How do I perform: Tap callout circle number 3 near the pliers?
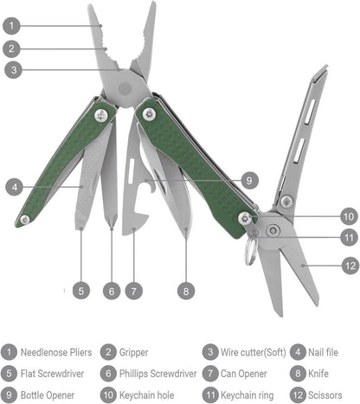point(11,69)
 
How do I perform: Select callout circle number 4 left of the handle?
point(11,185)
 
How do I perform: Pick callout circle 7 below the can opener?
point(132,291)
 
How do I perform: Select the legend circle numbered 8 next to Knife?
point(298,374)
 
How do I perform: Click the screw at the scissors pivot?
point(272,229)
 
